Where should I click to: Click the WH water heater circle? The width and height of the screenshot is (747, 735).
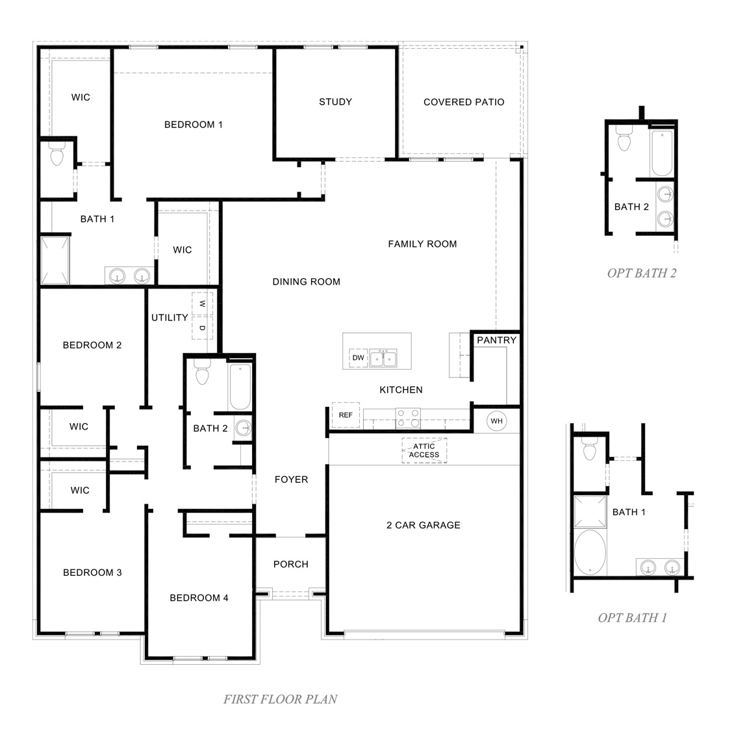click(497, 421)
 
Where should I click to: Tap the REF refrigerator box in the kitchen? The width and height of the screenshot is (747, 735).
click(346, 415)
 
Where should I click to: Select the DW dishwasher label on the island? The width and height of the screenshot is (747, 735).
click(358, 358)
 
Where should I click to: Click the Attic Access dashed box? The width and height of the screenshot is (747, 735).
click(424, 450)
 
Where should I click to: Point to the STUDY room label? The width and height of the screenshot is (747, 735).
click(335, 102)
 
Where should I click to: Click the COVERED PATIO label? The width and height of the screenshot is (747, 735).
click(464, 102)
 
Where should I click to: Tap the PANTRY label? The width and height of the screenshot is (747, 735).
click(497, 340)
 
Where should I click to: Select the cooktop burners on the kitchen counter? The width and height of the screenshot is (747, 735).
click(408, 417)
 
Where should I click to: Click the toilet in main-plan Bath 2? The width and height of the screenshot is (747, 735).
click(201, 375)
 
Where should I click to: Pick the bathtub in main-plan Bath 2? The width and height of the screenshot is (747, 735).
click(240, 387)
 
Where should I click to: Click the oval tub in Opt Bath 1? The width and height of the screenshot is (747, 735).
click(590, 552)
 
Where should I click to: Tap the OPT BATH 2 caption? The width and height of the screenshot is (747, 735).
click(642, 273)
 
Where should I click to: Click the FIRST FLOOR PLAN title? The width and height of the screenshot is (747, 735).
click(281, 699)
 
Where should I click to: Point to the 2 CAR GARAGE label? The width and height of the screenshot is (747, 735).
click(424, 525)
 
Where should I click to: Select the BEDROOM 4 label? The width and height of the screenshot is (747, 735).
click(199, 598)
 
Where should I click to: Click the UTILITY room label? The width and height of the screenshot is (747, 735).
click(170, 318)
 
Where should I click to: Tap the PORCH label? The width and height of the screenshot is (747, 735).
click(291, 564)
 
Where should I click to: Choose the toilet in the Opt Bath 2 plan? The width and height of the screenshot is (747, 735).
click(625, 140)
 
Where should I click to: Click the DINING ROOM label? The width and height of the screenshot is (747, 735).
click(306, 282)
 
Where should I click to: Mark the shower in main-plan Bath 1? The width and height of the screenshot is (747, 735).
click(55, 261)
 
